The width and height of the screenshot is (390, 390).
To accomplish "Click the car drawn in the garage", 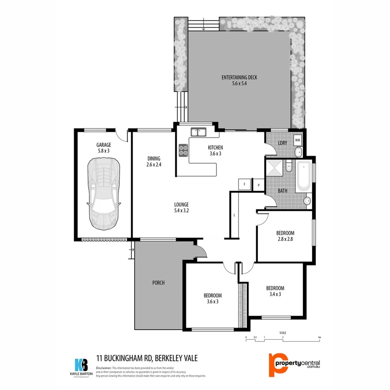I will click(103, 194).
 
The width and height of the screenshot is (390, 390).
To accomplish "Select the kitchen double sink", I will click(199, 132).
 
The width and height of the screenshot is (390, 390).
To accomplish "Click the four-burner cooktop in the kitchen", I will click(183, 150).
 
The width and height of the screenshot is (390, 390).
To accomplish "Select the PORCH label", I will click(159, 283).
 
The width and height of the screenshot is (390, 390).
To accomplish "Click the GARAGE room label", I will click(103, 145).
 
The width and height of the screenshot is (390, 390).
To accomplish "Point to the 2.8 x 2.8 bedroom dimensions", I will click(285, 240).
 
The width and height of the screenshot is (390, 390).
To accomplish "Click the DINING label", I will click(154, 158).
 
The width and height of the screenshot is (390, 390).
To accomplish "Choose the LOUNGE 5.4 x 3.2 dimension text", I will click(182, 211).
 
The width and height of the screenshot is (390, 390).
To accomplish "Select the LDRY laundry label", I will click(282, 143).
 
